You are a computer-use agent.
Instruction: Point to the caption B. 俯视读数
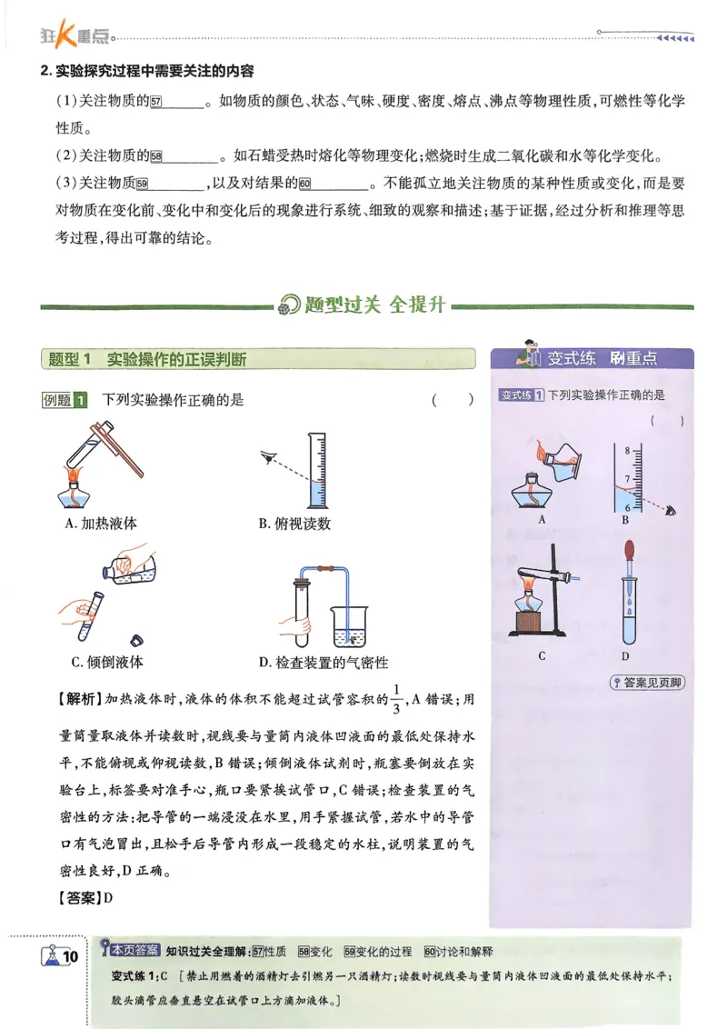294,523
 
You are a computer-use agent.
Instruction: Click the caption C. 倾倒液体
107,662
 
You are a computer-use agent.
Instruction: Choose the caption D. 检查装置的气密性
323,662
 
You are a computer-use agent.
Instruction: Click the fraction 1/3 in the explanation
394,700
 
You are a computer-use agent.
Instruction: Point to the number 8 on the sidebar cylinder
625,449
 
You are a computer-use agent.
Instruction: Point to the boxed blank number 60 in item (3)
304,185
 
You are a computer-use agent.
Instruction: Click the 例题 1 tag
65,400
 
